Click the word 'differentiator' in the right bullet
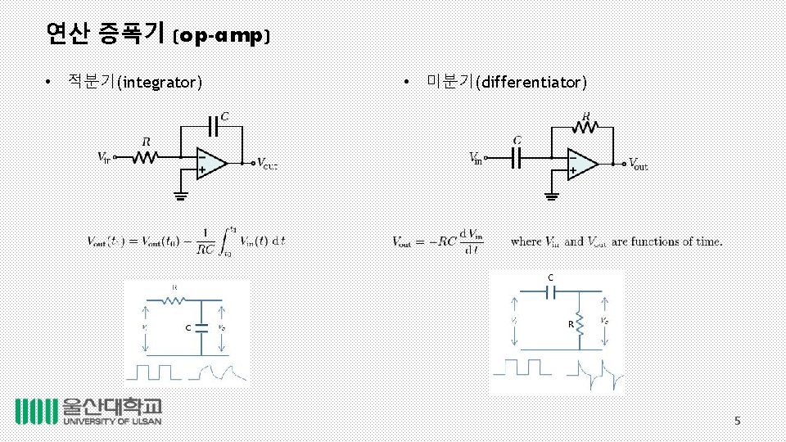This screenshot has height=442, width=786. click(x=533, y=82)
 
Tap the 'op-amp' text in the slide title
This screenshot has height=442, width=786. click(x=223, y=35)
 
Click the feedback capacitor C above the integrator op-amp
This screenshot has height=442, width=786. click(x=215, y=127)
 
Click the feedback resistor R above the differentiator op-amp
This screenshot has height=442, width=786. click(x=585, y=127)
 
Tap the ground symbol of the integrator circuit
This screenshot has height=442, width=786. click(x=181, y=195)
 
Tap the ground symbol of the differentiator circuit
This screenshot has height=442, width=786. click(x=551, y=195)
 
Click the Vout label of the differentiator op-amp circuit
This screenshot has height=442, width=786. click(x=638, y=164)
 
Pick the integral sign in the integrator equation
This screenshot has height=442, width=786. click(x=233, y=241)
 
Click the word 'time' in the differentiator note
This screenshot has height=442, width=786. click(x=707, y=241)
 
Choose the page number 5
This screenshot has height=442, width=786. click(x=737, y=421)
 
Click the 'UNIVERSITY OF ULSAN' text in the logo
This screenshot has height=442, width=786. click(x=112, y=422)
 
